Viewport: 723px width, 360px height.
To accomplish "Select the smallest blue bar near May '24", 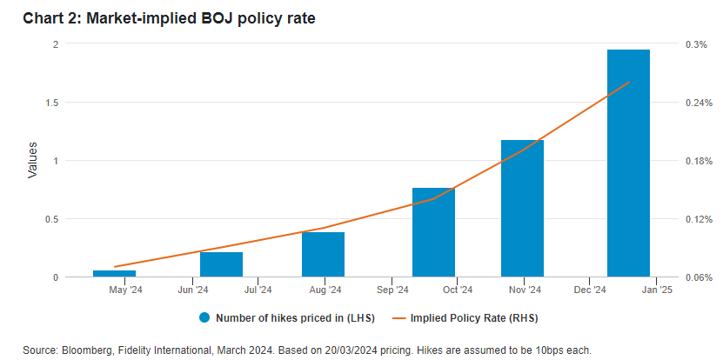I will pyautogui.click(x=115, y=273).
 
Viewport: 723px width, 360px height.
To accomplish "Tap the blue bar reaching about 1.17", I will pyautogui.click(x=522, y=209).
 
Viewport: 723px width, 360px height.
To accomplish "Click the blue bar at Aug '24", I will pyautogui.click(x=323, y=254).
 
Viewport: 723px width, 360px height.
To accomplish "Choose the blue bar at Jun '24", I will pyautogui.click(x=221, y=264).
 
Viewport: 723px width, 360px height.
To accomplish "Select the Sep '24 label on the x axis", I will pyautogui.click(x=392, y=290).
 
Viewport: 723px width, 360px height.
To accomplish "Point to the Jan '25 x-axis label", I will pyautogui.click(x=655, y=290).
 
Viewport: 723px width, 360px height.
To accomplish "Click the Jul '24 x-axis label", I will pyautogui.click(x=257, y=290).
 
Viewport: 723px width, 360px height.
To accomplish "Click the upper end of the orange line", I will pyautogui.click(x=628, y=83).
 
